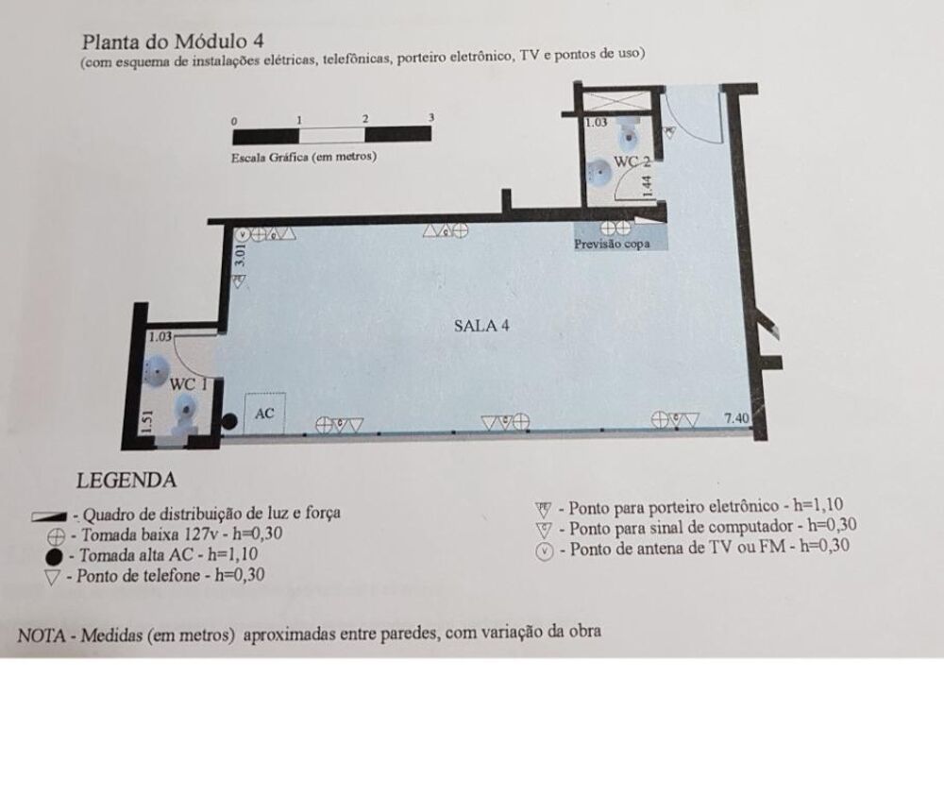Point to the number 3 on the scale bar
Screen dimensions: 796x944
click(x=430, y=118)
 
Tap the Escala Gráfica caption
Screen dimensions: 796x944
click(x=303, y=157)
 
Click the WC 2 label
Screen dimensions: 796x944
click(x=632, y=162)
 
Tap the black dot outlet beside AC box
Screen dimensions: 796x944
click(x=228, y=421)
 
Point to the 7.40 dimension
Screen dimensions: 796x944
click(x=738, y=416)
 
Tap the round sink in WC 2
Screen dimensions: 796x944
click(x=598, y=171)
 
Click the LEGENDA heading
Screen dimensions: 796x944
click(x=126, y=480)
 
